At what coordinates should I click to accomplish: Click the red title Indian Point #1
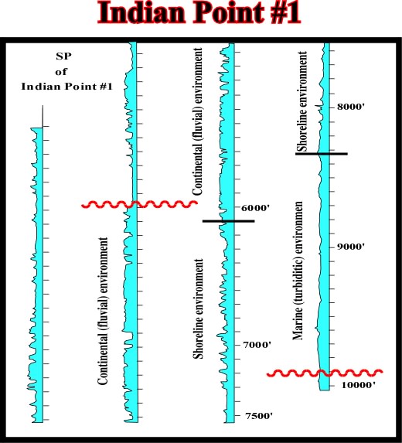click(x=199, y=13)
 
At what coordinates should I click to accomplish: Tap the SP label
click(x=63, y=56)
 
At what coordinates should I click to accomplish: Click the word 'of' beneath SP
click(x=61, y=72)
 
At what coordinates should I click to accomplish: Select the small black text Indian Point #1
click(x=67, y=86)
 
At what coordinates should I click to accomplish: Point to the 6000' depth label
click(x=256, y=208)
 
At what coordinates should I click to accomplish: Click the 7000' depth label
click(x=257, y=345)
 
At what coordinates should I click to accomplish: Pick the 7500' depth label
click(x=259, y=416)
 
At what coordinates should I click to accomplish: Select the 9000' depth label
click(x=351, y=247)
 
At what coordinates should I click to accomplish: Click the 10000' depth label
click(x=359, y=385)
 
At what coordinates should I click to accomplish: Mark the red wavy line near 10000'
click(x=325, y=373)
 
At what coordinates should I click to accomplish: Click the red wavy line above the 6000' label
click(x=139, y=204)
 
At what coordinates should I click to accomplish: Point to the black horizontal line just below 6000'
click(x=229, y=221)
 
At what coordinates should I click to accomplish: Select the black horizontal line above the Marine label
click(x=322, y=154)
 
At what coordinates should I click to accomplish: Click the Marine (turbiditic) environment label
click(x=298, y=271)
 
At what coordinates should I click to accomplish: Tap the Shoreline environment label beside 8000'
click(x=302, y=101)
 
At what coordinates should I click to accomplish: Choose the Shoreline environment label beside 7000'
click(x=198, y=308)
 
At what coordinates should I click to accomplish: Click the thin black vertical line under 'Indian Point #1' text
click(x=43, y=117)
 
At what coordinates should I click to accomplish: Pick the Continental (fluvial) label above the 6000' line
click(x=197, y=121)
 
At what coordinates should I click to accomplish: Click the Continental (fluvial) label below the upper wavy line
click(x=103, y=311)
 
